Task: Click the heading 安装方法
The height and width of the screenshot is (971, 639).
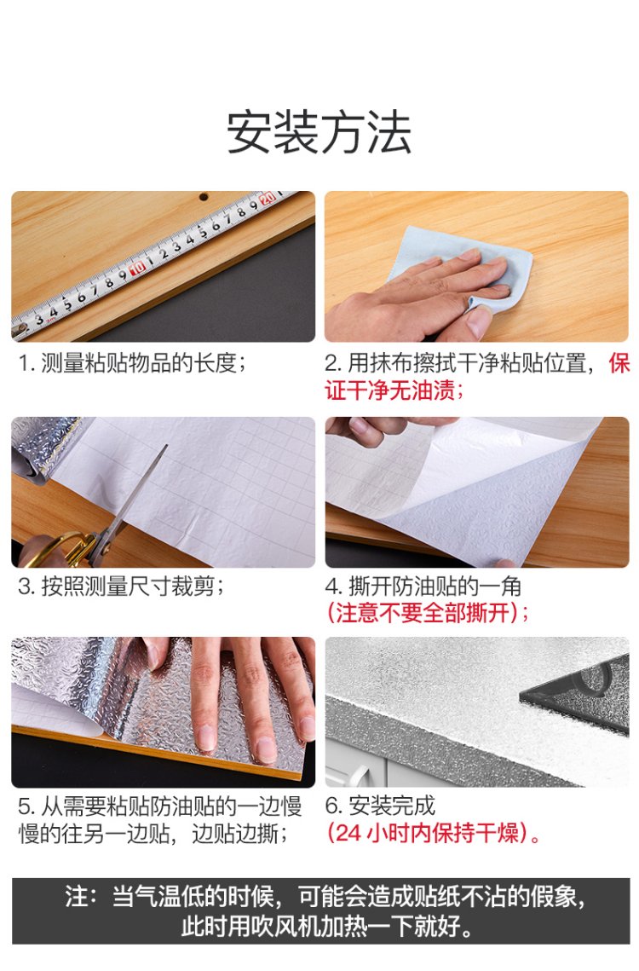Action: (319, 132)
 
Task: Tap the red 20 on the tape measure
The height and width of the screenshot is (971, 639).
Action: (267, 198)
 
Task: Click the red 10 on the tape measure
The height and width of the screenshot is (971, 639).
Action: (137, 267)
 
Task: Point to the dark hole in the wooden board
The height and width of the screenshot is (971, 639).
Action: (203, 197)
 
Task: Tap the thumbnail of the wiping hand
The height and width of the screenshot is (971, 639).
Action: (477, 266)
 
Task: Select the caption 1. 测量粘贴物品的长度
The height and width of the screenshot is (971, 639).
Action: (132, 363)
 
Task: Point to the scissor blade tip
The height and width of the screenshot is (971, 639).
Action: (166, 445)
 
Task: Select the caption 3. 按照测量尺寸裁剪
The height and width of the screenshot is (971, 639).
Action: (121, 586)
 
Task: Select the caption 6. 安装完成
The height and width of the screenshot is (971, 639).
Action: (380, 806)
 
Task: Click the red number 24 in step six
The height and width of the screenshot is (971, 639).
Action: (348, 833)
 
